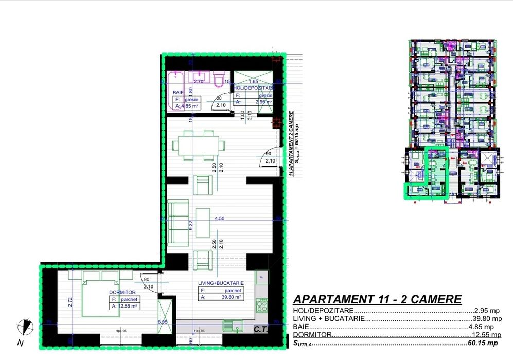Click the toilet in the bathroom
tap(218, 79)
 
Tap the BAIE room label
tap(178, 93)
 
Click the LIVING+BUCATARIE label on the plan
tap(221, 283)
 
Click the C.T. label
tap(261, 330)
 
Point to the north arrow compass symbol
tap(24, 326)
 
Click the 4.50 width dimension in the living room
tap(220, 218)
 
